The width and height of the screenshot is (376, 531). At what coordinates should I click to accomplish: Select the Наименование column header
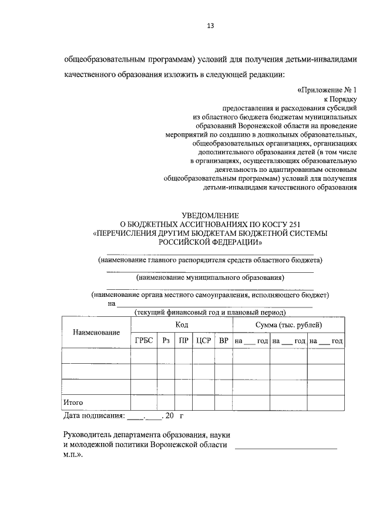pyautogui.click(x=96, y=333)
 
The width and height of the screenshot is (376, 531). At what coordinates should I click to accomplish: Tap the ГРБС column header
pyautogui.click(x=143, y=341)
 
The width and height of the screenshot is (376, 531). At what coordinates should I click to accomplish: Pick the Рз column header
pyautogui.click(x=165, y=341)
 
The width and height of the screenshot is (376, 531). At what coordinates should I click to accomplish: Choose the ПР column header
pyautogui.click(x=183, y=341)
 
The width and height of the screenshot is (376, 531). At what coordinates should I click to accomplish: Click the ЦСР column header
pyautogui.click(x=203, y=341)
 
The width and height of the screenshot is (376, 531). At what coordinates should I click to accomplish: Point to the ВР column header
pyautogui.click(x=223, y=341)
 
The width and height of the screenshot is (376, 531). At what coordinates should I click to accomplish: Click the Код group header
pyautogui.click(x=182, y=325)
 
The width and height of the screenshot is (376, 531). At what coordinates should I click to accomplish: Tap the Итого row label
pyautogui.click(x=73, y=403)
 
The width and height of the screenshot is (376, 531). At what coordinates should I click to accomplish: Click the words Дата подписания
pyautogui.click(x=94, y=417)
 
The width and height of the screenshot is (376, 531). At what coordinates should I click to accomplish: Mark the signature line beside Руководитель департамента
pyautogui.click(x=286, y=448)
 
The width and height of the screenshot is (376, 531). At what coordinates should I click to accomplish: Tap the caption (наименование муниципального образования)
pyautogui.click(x=210, y=278)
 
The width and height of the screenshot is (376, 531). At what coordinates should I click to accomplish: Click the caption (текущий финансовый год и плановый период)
pyautogui.click(x=210, y=312)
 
